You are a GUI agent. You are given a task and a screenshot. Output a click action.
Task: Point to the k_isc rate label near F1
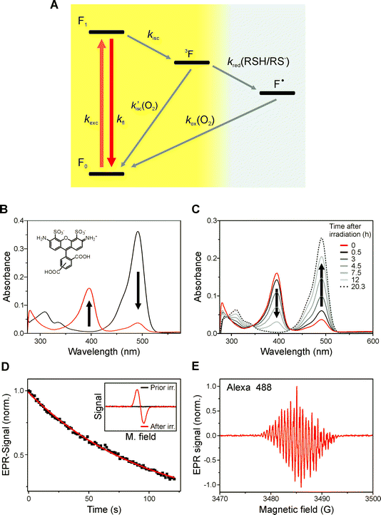(154, 34)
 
